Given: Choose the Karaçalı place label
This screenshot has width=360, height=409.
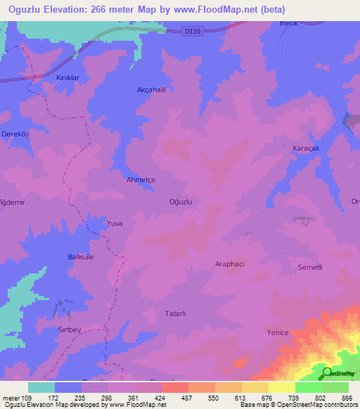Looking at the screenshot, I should (x=306, y=148).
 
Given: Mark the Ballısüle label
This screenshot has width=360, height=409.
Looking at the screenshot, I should (x=81, y=258).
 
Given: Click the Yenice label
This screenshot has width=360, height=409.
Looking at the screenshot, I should (x=278, y=332).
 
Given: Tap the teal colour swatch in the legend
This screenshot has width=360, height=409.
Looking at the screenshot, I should (x=41, y=387).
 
